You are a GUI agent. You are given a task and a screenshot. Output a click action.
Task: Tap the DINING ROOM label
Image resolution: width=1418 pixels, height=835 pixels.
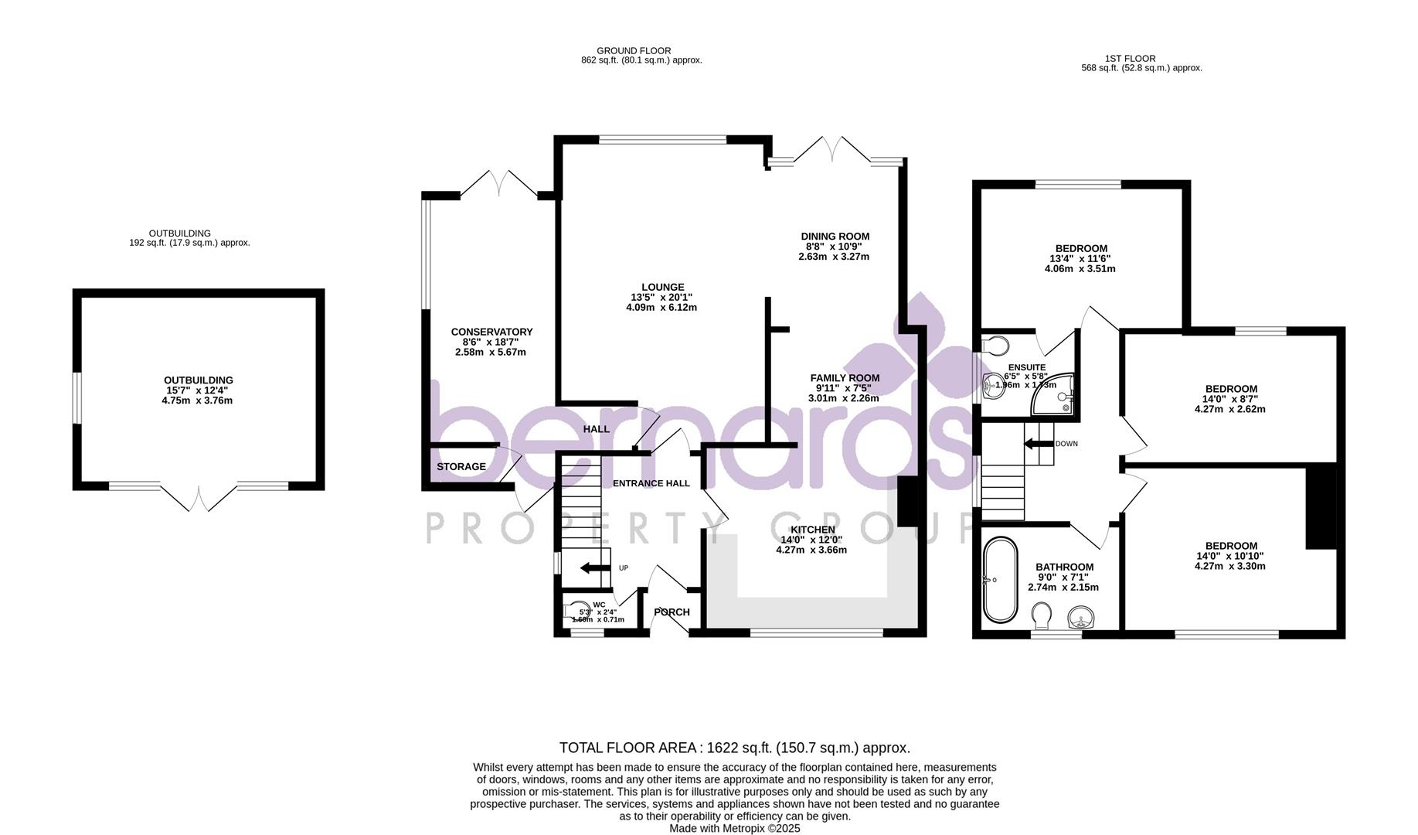[x=835, y=237]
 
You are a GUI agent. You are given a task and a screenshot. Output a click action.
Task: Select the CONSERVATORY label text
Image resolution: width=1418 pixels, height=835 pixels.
[x=491, y=332]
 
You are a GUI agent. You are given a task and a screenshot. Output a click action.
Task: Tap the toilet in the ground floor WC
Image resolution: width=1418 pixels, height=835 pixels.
[x=576, y=611]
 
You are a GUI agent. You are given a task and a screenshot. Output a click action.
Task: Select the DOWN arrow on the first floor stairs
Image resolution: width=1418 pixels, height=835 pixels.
[x=1038, y=444]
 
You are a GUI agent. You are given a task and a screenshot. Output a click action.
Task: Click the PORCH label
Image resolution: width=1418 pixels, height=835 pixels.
[x=672, y=612]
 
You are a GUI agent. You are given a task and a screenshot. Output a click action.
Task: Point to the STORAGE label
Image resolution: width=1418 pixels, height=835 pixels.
[x=461, y=467]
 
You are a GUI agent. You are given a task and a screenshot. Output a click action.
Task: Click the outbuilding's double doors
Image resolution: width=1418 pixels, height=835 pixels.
[x=199, y=499]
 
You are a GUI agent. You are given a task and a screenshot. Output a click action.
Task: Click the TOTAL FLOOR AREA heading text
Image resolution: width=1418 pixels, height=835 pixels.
[x=734, y=748]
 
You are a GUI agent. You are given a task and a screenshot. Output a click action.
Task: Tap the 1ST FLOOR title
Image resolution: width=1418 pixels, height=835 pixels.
[x=1141, y=58]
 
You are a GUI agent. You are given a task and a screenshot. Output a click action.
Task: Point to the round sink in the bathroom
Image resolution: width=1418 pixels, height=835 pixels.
[x=1081, y=619]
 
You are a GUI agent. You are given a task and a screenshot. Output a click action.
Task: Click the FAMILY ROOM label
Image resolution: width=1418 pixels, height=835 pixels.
[x=845, y=378]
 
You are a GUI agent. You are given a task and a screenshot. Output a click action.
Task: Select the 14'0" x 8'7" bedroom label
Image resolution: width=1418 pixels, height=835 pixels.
[x=1229, y=399]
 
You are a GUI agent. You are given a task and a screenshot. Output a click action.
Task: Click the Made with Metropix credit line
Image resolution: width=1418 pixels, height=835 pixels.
[x=734, y=828]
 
